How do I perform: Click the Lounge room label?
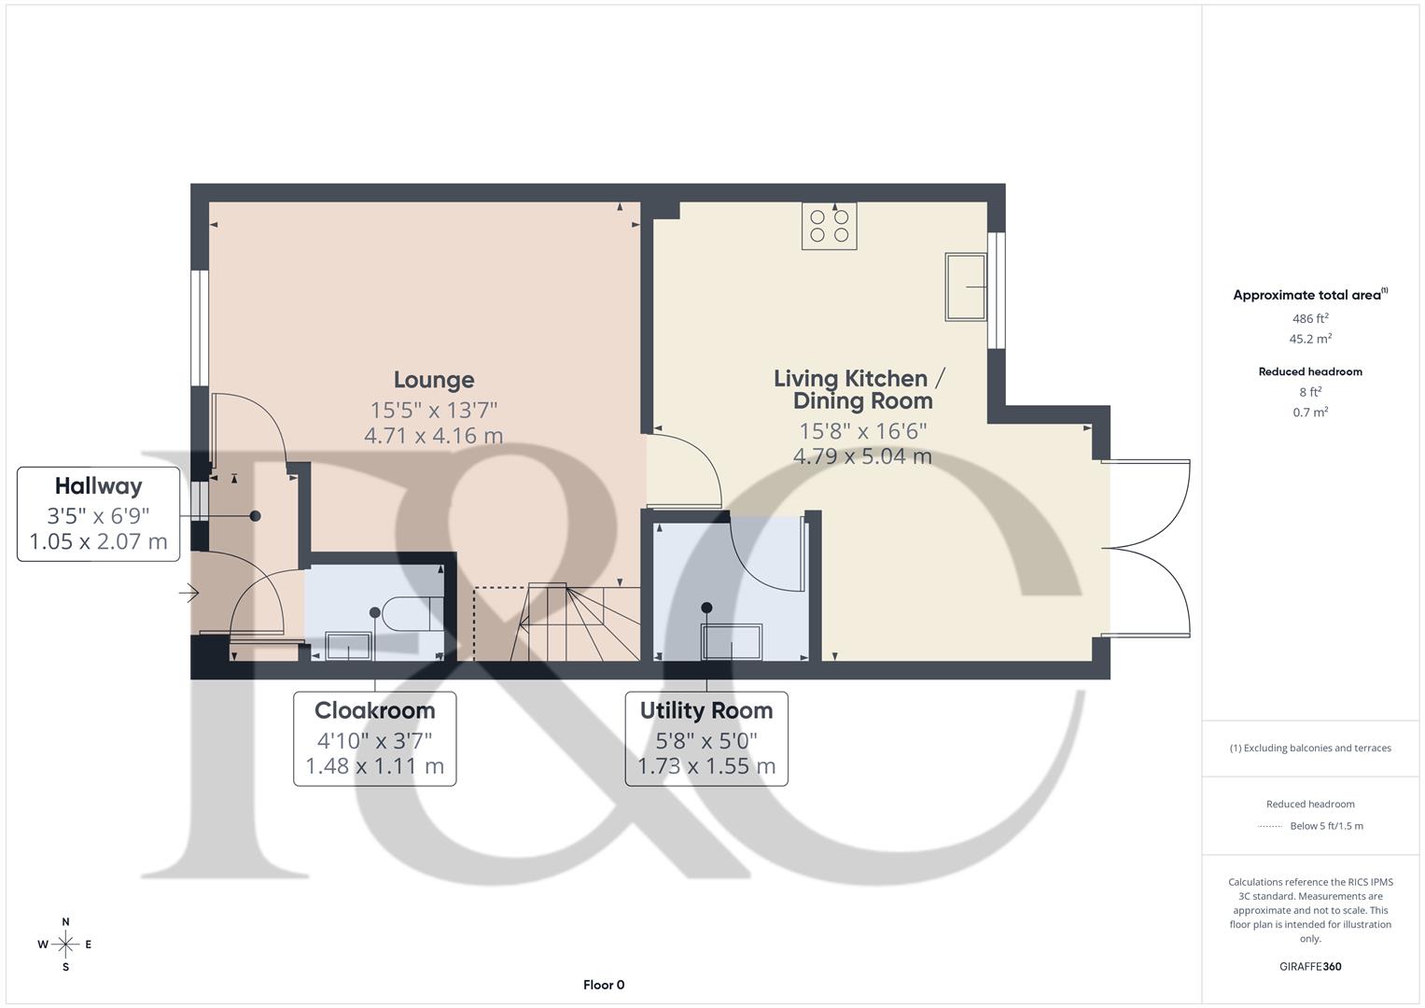click(434, 380)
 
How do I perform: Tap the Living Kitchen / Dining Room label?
click(861, 390)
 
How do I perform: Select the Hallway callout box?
click(98, 514)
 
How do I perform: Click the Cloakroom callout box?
click(374, 738)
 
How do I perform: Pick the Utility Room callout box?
click(706, 738)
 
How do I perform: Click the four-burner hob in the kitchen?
click(830, 226)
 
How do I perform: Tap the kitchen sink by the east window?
click(967, 287)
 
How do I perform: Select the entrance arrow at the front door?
click(189, 593)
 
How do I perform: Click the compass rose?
click(65, 945)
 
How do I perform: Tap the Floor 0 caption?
click(604, 985)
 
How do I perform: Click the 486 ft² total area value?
click(1310, 319)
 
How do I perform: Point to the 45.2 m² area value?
click(1310, 340)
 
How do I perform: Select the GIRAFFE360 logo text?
click(1310, 967)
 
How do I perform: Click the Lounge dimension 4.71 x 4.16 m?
click(434, 435)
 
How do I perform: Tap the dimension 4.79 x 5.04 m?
click(862, 456)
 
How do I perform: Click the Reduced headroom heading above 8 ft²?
click(1310, 371)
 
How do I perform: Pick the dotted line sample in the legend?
click(1270, 826)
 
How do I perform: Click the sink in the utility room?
click(731, 642)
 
